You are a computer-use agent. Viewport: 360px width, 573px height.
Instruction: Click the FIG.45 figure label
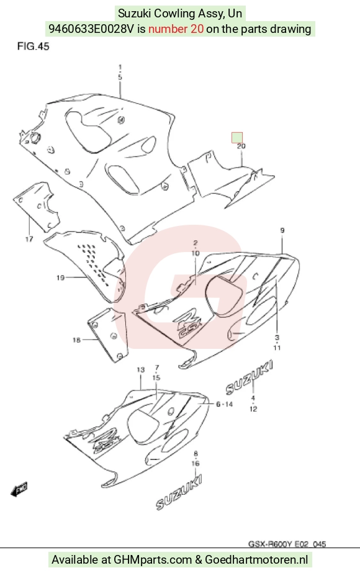click(x=34, y=47)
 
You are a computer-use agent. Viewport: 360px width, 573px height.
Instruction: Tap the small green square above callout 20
click(x=237, y=138)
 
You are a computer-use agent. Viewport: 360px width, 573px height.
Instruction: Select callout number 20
click(x=241, y=146)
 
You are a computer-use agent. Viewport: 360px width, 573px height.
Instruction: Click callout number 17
click(x=29, y=240)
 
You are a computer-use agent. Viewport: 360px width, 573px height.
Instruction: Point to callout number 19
click(x=61, y=277)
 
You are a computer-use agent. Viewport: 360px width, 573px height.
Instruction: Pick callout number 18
click(x=76, y=340)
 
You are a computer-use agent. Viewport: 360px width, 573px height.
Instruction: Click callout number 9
click(x=282, y=230)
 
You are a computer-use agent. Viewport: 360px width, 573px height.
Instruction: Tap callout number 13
click(x=141, y=370)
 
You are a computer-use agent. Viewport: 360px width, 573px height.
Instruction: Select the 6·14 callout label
click(x=224, y=404)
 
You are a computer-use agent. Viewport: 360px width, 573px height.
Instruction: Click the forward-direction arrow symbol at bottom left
click(x=19, y=489)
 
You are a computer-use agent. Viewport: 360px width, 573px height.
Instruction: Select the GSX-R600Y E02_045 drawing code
click(x=287, y=544)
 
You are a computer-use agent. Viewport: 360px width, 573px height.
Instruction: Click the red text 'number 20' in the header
click(x=176, y=29)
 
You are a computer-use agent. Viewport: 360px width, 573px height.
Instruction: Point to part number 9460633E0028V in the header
click(x=91, y=29)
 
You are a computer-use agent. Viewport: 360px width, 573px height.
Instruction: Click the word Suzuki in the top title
click(x=134, y=14)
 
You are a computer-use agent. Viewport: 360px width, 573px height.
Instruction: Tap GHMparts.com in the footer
click(x=153, y=559)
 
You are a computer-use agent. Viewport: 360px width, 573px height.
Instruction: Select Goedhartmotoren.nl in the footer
click(x=256, y=559)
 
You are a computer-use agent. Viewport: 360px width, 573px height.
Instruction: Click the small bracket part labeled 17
click(x=37, y=207)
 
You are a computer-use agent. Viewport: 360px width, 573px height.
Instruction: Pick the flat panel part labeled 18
click(x=108, y=335)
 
